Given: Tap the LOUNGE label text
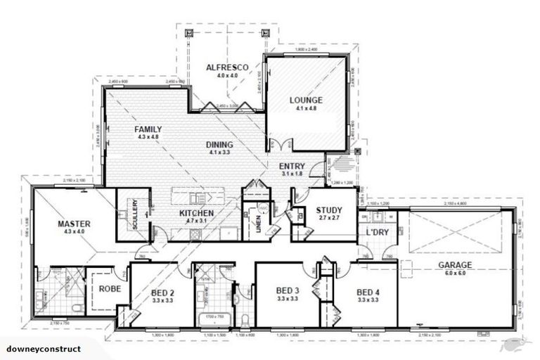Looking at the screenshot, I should click(x=306, y=101).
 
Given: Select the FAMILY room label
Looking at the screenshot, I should click(x=148, y=129).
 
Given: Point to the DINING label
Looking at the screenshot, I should click(x=219, y=145).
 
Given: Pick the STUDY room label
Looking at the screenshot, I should click(x=329, y=210).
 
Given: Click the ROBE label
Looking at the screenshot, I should click(x=109, y=288).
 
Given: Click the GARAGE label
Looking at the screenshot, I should click(x=454, y=265).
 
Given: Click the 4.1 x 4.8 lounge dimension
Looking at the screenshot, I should click(x=306, y=108).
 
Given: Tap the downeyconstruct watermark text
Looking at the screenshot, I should click(x=44, y=349).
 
